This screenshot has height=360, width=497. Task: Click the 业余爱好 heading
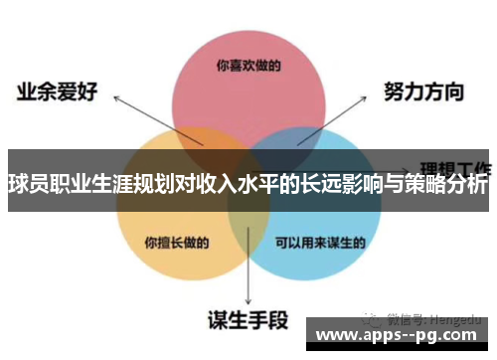pyautogui.click(x=55, y=92)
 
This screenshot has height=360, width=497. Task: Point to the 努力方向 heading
pyautogui.click(x=423, y=92)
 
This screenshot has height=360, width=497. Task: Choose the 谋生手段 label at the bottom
pyautogui.click(x=248, y=320)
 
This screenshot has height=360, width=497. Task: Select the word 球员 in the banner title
pyautogui.click(x=29, y=184)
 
